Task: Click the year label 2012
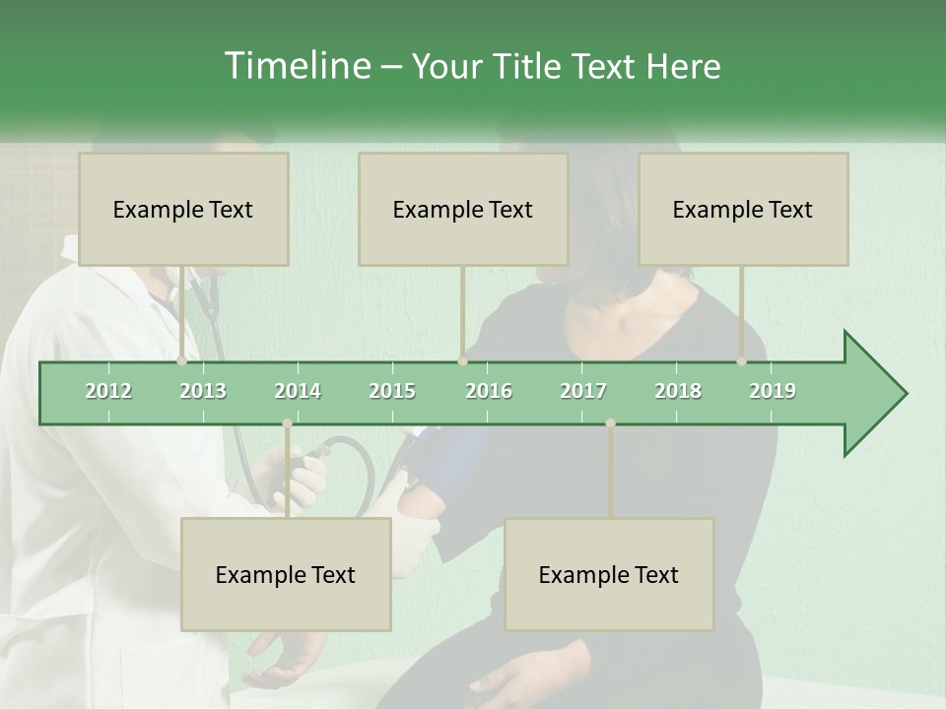108,391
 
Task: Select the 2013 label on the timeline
203,391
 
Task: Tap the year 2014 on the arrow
298,391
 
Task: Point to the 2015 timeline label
392,391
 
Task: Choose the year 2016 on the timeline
489,391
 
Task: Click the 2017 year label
583,391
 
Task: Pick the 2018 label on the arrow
678,391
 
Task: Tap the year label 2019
773,391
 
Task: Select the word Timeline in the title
296,66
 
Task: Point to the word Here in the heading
683,66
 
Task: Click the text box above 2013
183,209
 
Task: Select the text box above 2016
463,209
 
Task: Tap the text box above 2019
743,209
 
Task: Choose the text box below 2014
286,574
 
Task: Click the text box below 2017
609,574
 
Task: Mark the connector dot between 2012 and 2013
181,361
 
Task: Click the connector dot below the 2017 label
610,423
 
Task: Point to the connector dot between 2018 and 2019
742,361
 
